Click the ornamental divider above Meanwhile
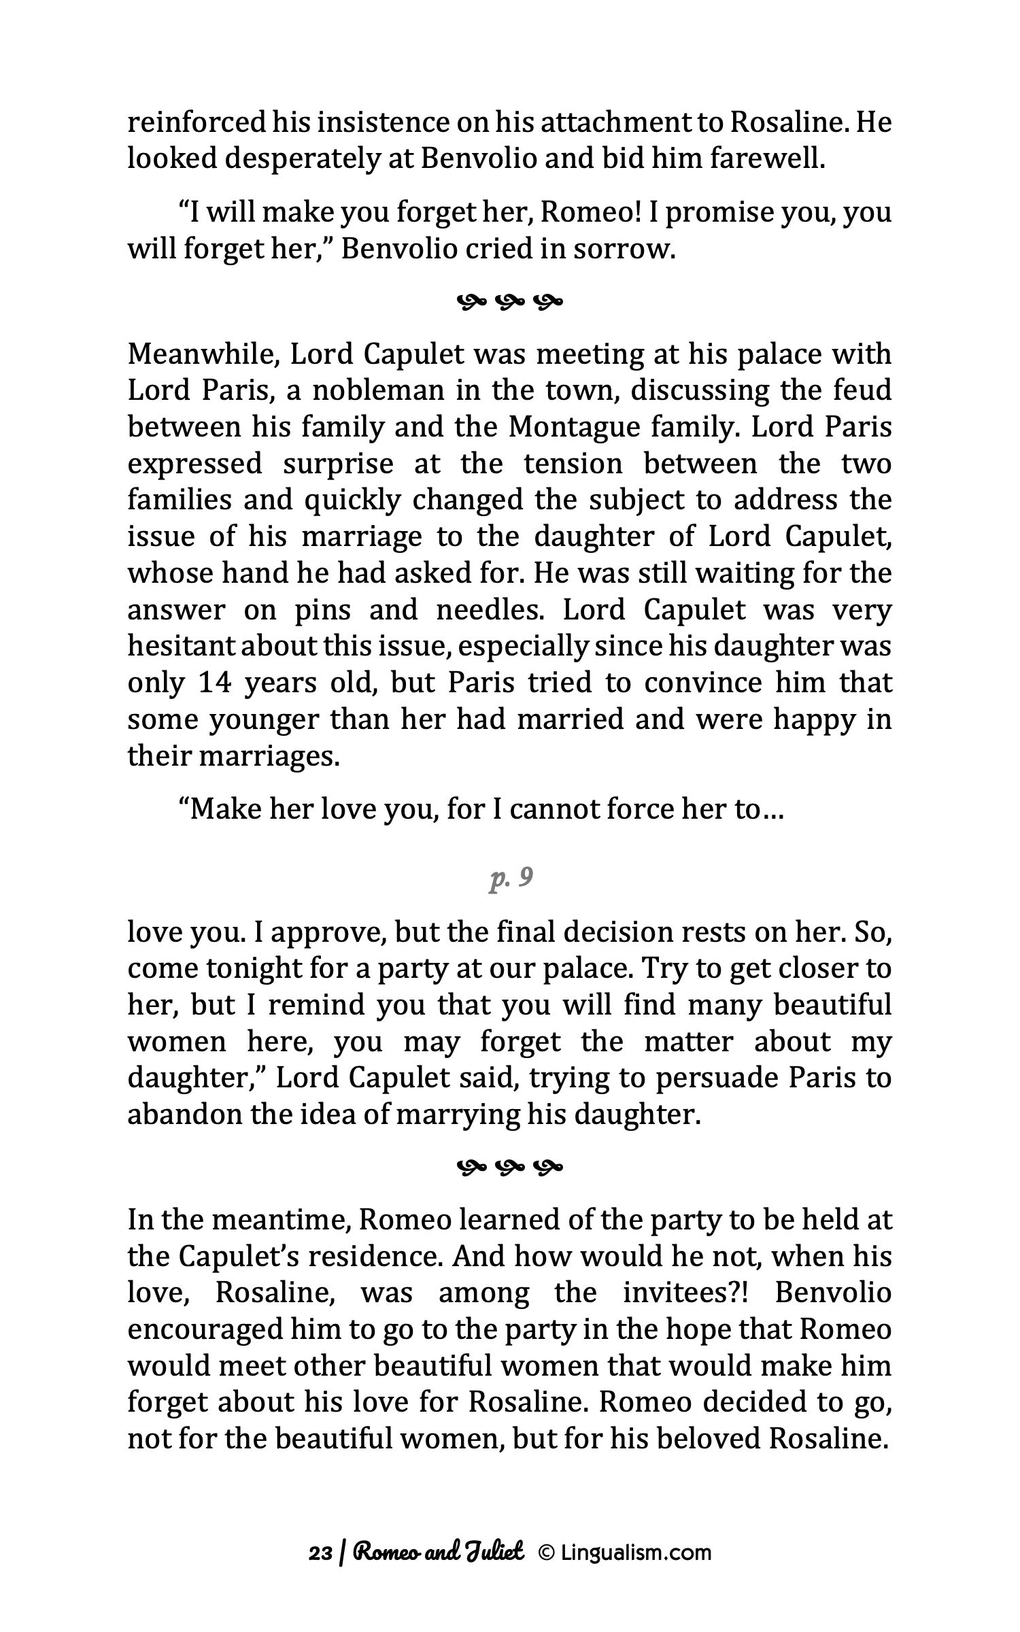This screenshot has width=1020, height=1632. click(x=509, y=300)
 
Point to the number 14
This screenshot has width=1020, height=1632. click(x=216, y=683)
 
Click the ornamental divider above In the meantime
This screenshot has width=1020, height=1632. click(x=509, y=1168)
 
